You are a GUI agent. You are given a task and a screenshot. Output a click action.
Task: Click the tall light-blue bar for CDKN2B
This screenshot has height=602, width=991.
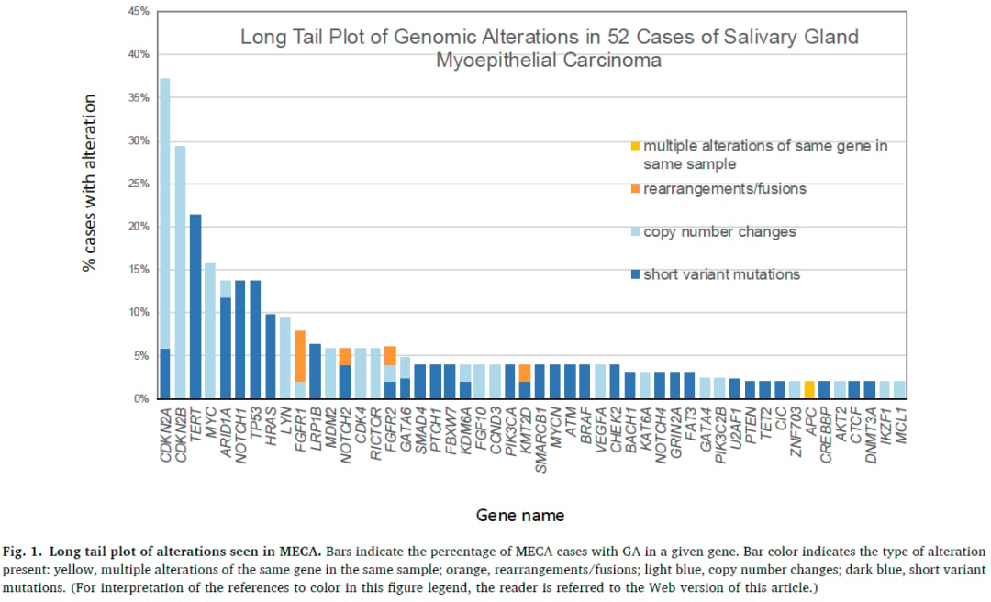click(180, 273)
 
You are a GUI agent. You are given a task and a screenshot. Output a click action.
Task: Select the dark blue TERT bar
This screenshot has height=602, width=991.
click(195, 307)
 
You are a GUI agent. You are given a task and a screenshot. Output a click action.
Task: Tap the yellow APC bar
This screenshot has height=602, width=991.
click(809, 389)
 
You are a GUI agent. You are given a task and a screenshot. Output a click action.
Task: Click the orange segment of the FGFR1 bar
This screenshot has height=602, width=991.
click(301, 356)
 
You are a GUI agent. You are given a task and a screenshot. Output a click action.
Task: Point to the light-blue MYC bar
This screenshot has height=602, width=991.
click(210, 330)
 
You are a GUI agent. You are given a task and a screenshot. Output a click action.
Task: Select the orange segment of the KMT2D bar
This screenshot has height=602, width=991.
click(525, 373)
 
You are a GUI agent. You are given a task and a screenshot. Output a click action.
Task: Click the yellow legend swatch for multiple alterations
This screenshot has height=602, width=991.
click(635, 146)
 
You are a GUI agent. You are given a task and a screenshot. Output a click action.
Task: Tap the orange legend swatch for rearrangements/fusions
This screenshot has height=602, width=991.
click(635, 189)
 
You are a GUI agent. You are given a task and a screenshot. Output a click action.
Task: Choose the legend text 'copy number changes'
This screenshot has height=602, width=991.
click(720, 232)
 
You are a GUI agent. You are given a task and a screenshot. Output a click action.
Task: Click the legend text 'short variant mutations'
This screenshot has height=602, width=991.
click(722, 274)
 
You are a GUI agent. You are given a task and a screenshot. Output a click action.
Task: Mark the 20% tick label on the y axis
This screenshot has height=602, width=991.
click(139, 227)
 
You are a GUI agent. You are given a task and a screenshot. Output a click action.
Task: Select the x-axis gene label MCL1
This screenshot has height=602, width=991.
click(901, 426)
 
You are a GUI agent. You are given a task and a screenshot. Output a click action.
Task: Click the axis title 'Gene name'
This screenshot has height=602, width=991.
click(520, 516)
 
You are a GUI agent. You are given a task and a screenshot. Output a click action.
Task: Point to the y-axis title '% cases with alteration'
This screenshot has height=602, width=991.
click(89, 184)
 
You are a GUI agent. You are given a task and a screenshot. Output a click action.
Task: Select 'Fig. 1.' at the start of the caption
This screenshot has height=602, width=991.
click(22, 552)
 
